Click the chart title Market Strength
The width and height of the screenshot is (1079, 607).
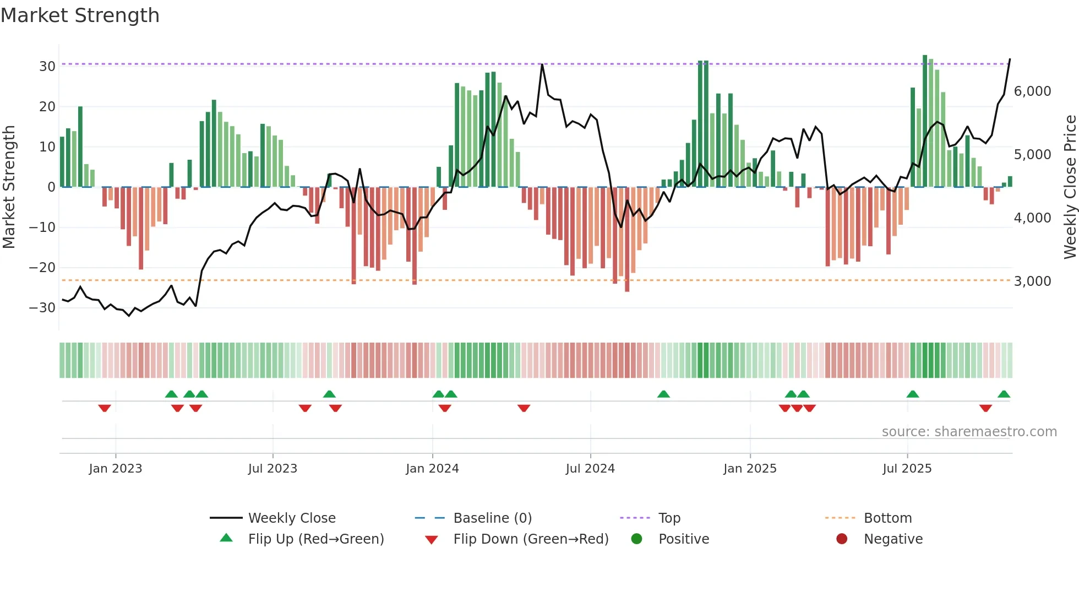pyautogui.click(x=80, y=15)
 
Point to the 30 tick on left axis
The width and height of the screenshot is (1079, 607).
pyautogui.click(x=47, y=67)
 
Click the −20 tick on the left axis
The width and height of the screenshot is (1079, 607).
pyautogui.click(x=42, y=268)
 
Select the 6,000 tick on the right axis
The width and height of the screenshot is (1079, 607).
pyautogui.click(x=1032, y=91)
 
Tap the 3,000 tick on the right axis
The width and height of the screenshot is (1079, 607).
pyautogui.click(x=1032, y=281)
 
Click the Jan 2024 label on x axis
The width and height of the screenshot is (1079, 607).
pyautogui.click(x=432, y=469)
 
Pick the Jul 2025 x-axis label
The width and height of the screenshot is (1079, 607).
pyautogui.click(x=907, y=469)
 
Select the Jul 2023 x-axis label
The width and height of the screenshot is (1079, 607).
pyautogui.click(x=273, y=469)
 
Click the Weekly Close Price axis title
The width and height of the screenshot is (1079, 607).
pyautogui.click(x=1070, y=187)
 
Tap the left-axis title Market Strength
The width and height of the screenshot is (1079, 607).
pyautogui.click(x=9, y=187)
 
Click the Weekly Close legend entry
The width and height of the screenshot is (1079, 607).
pyautogui.click(x=291, y=518)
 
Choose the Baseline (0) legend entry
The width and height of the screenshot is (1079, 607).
pyautogui.click(x=492, y=518)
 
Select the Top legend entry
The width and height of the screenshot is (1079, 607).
pyautogui.click(x=669, y=518)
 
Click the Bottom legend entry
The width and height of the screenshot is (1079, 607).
pyautogui.click(x=887, y=518)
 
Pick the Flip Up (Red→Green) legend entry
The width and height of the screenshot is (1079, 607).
pyautogui.click(x=315, y=539)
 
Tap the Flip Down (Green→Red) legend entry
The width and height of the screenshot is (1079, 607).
pyautogui.click(x=531, y=539)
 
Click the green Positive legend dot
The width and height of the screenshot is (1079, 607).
pyautogui.click(x=636, y=539)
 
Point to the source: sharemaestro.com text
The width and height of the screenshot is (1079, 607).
pyautogui.click(x=969, y=432)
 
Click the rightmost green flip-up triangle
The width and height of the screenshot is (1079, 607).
pyautogui.click(x=1004, y=394)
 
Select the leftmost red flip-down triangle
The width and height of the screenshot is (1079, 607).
pyautogui.click(x=105, y=408)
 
